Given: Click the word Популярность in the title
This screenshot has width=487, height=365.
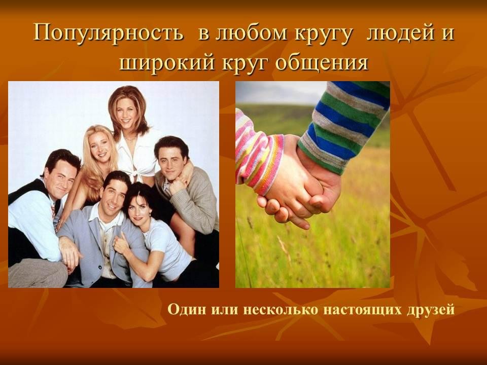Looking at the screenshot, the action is click(x=108, y=32).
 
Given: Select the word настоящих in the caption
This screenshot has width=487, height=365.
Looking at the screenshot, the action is click(x=362, y=310).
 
